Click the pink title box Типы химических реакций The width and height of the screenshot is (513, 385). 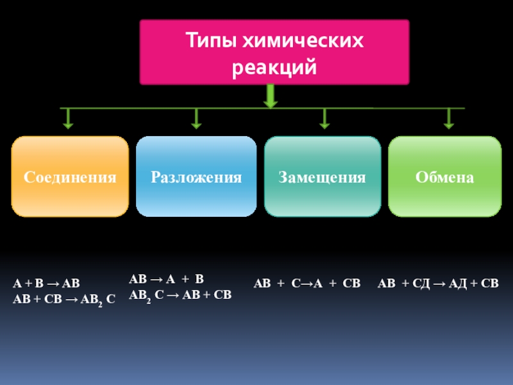point(274,53)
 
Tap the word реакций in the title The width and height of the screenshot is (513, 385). point(274,66)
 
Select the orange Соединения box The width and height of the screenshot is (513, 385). point(71,176)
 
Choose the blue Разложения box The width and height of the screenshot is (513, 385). point(196,176)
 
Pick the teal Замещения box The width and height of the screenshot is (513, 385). point(322,176)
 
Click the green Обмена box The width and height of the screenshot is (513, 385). point(444,176)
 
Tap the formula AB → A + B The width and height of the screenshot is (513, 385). point(166,280)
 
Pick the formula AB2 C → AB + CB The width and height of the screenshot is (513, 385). point(180,295)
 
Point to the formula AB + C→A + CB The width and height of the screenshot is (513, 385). point(307,284)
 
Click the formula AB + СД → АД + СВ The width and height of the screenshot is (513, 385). point(438,284)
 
